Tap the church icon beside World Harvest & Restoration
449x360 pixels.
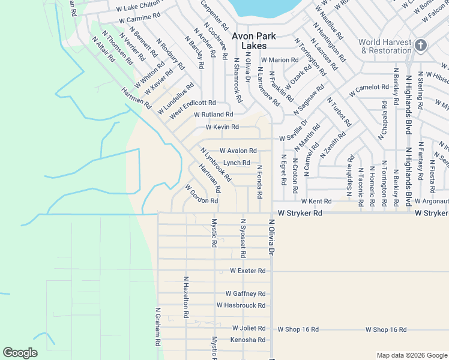pos(421,46)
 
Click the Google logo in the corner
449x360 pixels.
pos(20,352)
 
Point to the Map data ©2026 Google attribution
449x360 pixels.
pos(411,355)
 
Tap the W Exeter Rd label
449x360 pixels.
pos(248,271)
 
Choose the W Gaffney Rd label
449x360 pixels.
pos(246,293)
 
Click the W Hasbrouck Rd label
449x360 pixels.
pos(241,305)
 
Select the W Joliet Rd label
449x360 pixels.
pos(249,328)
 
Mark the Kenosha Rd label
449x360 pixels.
pos(248,340)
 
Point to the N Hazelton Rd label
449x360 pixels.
pos(186,297)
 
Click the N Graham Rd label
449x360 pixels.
pos(158,330)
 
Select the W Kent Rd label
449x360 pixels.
pos(316,201)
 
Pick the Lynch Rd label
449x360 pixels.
pos(237,163)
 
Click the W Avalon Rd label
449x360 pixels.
pos(238,151)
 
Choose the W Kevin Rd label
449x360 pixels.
pos(222,127)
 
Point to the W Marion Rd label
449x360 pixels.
pos(280,60)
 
